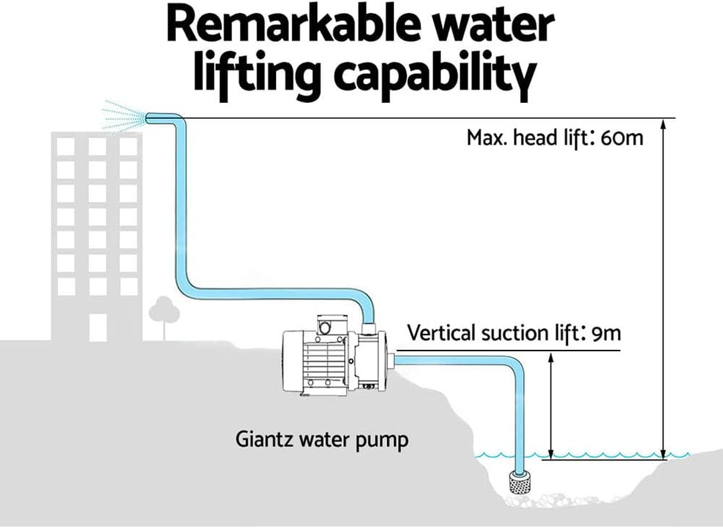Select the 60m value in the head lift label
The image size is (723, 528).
coord(622,139)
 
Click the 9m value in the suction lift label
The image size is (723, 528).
coord(606,333)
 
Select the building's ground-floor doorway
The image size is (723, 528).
coord(98,326)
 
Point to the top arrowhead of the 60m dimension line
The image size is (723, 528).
coord(664,124)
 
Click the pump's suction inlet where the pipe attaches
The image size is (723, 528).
coord(391,360)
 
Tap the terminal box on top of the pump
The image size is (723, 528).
coord(329,325)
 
